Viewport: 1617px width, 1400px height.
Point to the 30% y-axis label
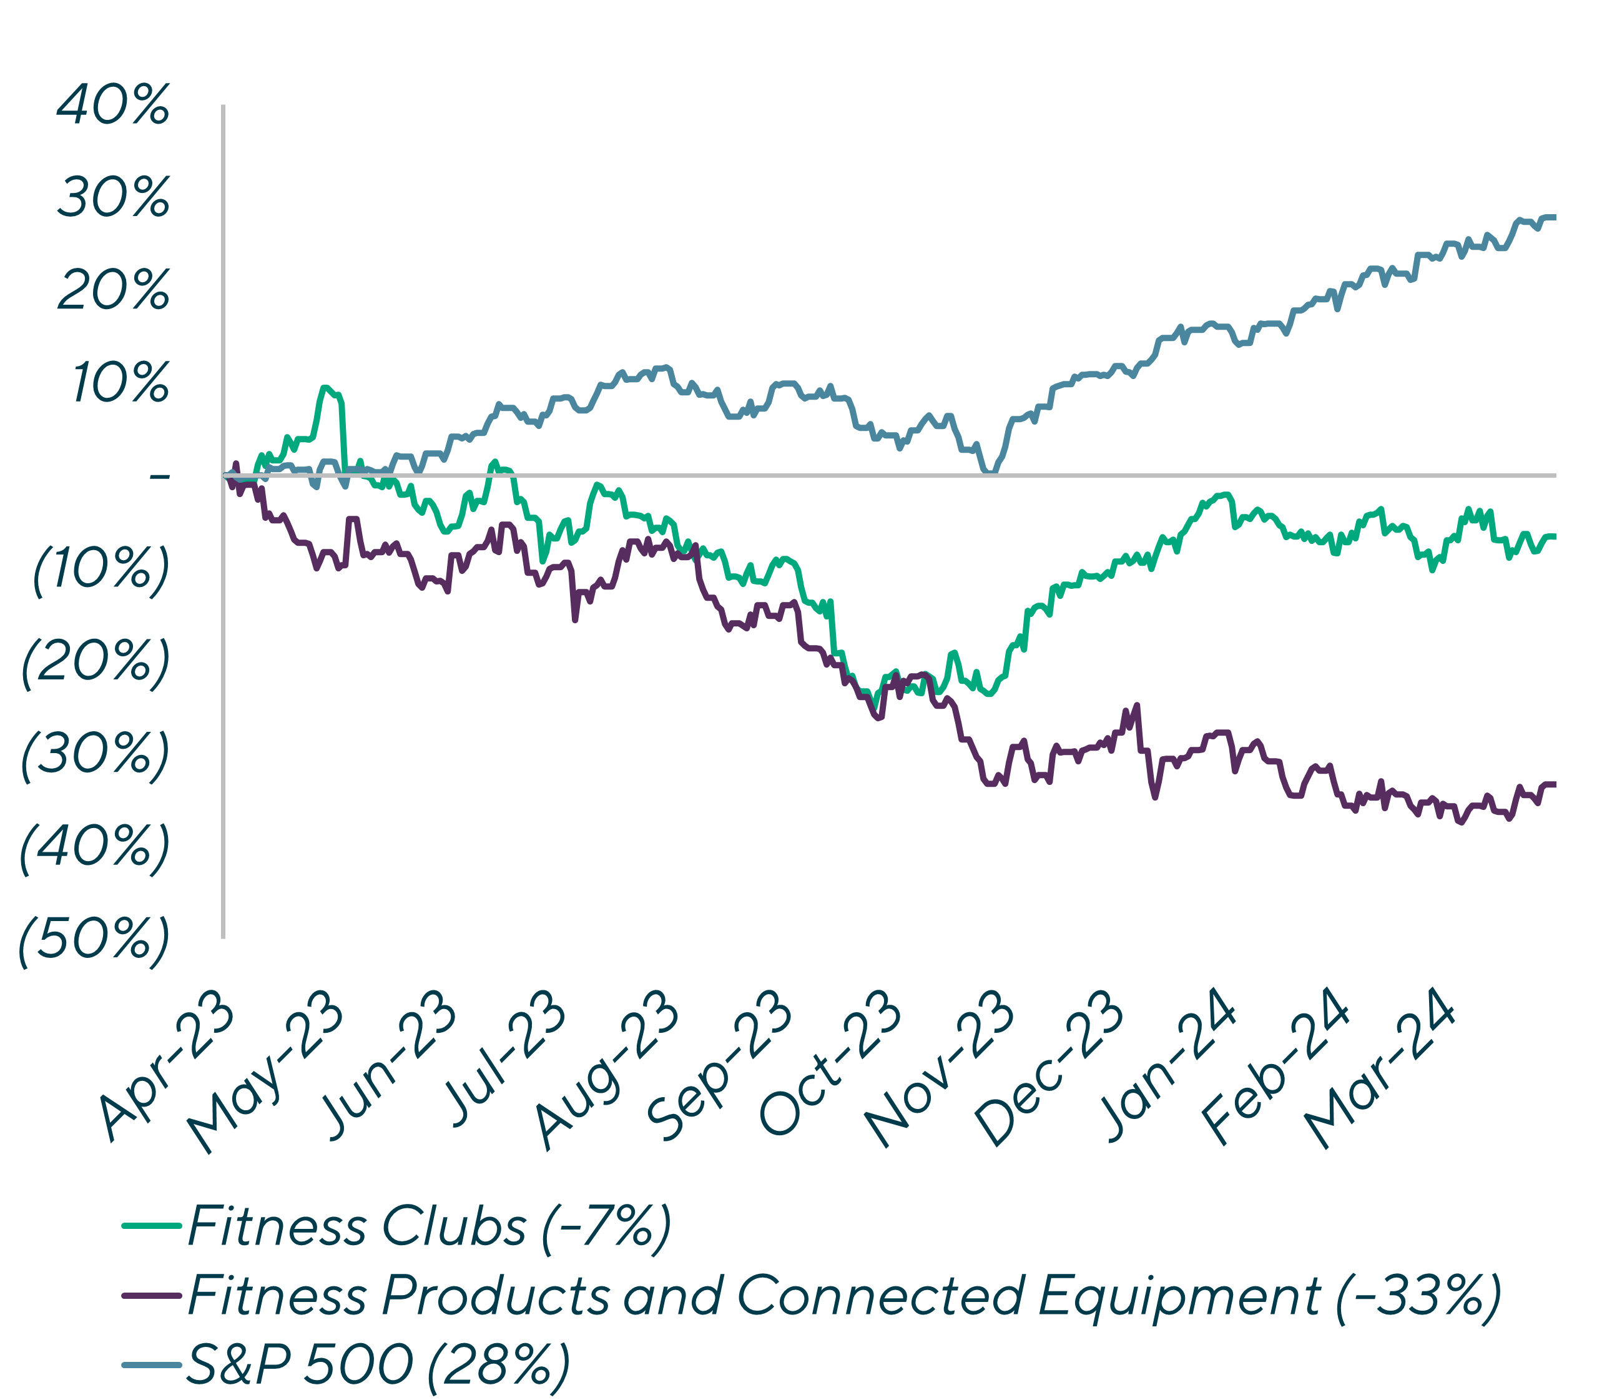tap(113, 199)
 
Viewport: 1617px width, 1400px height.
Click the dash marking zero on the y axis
tap(159, 476)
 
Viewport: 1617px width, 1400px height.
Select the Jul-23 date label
tap(504, 1058)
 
